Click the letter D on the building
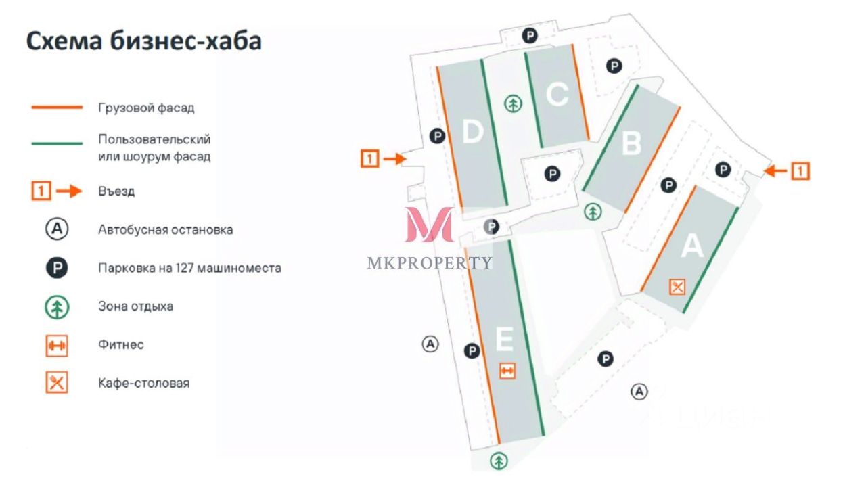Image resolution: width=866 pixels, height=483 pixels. (472, 132)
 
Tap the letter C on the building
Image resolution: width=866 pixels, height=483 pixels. (556, 95)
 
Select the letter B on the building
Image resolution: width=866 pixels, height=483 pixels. (631, 143)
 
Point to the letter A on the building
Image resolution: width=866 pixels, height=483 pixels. (691, 247)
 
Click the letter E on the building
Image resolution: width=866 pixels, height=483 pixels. (505, 339)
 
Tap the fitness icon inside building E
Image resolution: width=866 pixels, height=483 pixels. (507, 371)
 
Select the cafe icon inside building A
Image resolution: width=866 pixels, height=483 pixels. (677, 287)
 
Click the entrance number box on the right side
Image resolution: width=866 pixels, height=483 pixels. (800, 171)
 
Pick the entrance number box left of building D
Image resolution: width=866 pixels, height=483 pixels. (369, 159)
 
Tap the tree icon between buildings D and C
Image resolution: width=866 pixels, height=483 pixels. (514, 103)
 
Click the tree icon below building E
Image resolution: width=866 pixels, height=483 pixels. (499, 461)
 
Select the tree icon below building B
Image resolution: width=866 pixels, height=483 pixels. (593, 212)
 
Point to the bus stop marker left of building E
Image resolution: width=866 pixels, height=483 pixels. (430, 344)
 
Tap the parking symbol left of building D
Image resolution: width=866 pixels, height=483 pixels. (438, 136)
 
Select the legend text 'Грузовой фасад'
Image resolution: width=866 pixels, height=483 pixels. (146, 108)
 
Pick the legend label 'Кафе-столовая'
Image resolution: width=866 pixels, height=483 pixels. (143, 383)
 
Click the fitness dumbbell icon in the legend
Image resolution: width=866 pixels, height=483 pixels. (57, 345)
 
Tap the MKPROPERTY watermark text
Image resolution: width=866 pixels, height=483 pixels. (430, 263)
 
